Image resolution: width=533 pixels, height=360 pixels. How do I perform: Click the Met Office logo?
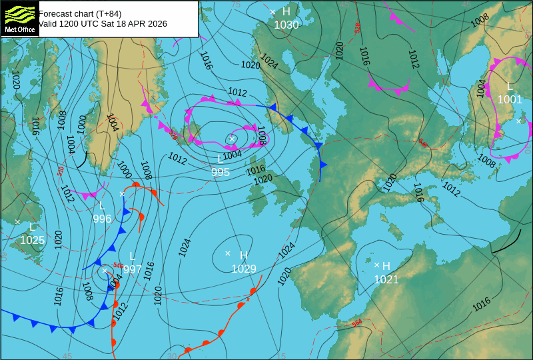pos(19,18)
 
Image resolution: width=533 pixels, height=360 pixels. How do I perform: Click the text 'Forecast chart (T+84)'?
pos(80,13)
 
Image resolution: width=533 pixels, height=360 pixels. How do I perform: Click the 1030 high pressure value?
pos(286,25)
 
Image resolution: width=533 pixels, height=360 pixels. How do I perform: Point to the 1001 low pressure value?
pos(510,100)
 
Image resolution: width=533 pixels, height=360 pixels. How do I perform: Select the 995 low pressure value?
pos(221,173)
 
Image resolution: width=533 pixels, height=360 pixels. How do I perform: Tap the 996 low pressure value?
pos(102,219)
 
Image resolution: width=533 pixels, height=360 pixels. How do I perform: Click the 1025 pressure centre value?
pos(32,241)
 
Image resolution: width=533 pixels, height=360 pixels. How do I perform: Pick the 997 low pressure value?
pos(132,269)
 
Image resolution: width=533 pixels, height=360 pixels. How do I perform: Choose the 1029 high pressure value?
pos(244,269)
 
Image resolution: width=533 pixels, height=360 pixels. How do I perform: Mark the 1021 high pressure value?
pos(386,280)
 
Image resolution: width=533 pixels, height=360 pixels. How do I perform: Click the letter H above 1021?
pos(386,267)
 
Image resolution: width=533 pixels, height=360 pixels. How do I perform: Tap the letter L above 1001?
pos(510,87)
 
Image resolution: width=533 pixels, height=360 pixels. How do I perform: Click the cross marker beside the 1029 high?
pos(228,253)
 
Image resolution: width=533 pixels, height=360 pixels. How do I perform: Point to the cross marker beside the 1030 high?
pos(272,12)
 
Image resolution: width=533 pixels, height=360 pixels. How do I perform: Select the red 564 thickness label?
pos(357,323)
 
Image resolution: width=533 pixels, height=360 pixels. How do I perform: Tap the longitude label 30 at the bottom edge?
pos(172,356)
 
